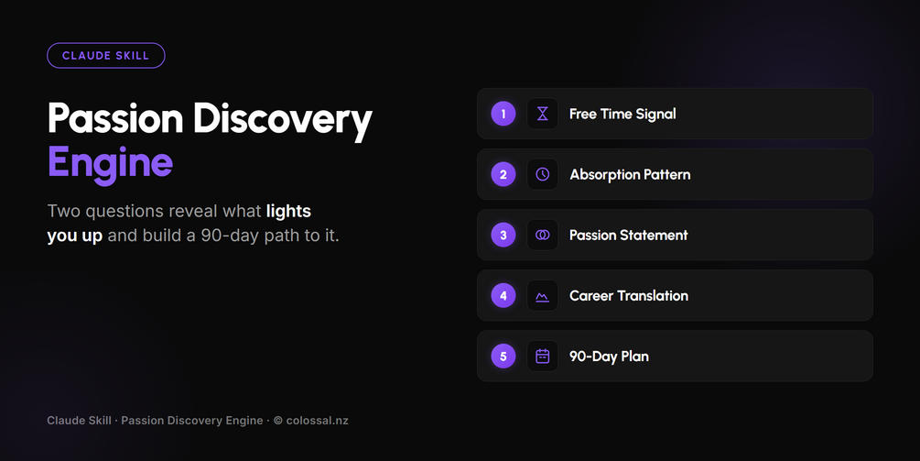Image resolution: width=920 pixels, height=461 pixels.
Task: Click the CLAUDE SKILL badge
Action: pos(105,56)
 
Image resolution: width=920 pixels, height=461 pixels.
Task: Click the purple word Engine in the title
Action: pos(110,162)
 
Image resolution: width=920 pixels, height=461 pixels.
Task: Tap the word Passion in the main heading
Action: pos(115,118)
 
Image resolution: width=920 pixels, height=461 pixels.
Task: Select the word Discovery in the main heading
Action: pos(283,120)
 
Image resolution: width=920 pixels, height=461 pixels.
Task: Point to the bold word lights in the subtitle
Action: pos(288,211)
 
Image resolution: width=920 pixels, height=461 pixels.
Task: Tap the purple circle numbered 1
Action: pos(503,114)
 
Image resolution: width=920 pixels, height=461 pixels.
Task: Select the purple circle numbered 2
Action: pos(503,174)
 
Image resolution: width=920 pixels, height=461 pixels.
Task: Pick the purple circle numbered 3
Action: pos(503,235)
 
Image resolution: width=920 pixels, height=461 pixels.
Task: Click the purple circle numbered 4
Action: pos(503,295)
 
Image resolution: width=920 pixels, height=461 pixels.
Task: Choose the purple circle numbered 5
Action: pos(503,356)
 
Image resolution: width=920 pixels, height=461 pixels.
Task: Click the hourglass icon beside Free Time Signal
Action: pos(543,114)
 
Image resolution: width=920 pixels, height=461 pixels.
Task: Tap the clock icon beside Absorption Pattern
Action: pos(543,174)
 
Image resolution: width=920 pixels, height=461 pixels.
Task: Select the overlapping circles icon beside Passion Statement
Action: pos(543,235)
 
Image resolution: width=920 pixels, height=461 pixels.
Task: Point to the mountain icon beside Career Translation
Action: pos(543,297)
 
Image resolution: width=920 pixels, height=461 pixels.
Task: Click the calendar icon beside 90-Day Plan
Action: pos(543,356)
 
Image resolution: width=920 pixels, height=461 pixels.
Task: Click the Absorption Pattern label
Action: pos(630,175)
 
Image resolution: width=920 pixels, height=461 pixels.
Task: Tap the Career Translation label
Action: pos(629,295)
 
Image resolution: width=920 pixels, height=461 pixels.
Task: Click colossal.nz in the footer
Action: pos(318,421)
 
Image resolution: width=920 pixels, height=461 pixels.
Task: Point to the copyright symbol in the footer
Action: pos(278,421)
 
